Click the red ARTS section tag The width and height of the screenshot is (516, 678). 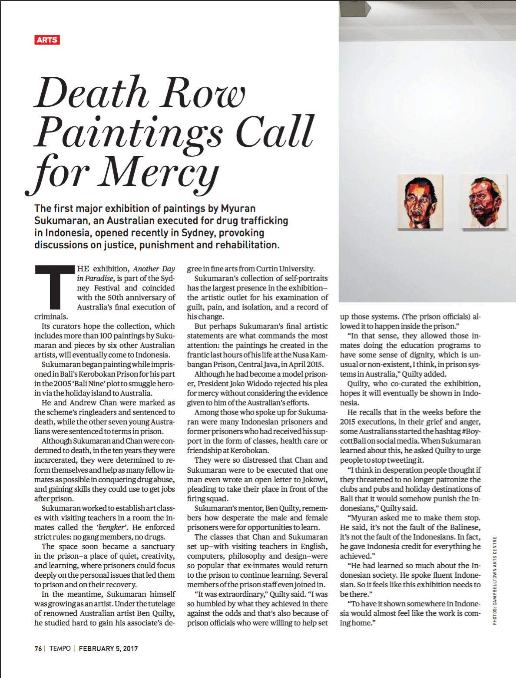pyautogui.click(x=47, y=40)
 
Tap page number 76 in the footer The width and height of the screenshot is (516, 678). pyautogui.click(x=38, y=648)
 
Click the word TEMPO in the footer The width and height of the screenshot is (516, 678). pyautogui.click(x=60, y=648)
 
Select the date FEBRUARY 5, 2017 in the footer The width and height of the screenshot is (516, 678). pyautogui.click(x=108, y=648)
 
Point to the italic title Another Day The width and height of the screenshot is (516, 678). pyautogui.click(x=154, y=269)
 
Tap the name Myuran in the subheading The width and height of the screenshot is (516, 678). pyautogui.click(x=238, y=208)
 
